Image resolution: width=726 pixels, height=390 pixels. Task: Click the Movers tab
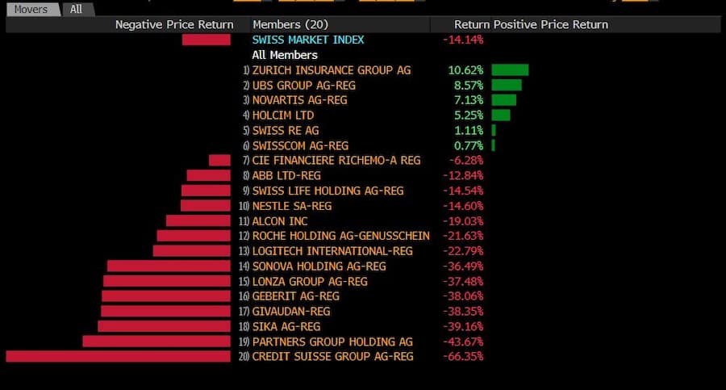coord(32,10)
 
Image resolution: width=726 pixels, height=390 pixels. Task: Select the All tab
coord(77,10)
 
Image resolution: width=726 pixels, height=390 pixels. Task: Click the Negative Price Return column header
coord(174,24)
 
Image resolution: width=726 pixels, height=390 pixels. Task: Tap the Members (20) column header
coord(290,24)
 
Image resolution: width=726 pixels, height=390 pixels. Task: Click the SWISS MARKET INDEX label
coord(307,40)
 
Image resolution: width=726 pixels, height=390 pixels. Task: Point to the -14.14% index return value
coord(462,40)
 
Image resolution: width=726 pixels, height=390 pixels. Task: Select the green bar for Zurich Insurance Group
coord(510,70)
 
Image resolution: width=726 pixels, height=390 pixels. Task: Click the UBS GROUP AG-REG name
coord(303,85)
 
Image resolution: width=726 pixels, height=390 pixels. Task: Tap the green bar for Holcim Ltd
coord(502,115)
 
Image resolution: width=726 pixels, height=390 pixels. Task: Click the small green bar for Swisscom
coord(493,145)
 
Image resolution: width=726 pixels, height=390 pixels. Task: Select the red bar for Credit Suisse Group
coord(118,356)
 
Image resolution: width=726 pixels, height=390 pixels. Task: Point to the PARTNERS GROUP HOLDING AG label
coord(332,342)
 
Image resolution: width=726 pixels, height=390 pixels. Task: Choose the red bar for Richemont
coord(219,161)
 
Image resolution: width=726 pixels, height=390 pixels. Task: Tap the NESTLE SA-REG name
coord(292,206)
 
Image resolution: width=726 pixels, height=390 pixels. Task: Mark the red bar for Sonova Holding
coord(169,266)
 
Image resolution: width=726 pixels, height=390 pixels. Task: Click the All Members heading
coord(285,55)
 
